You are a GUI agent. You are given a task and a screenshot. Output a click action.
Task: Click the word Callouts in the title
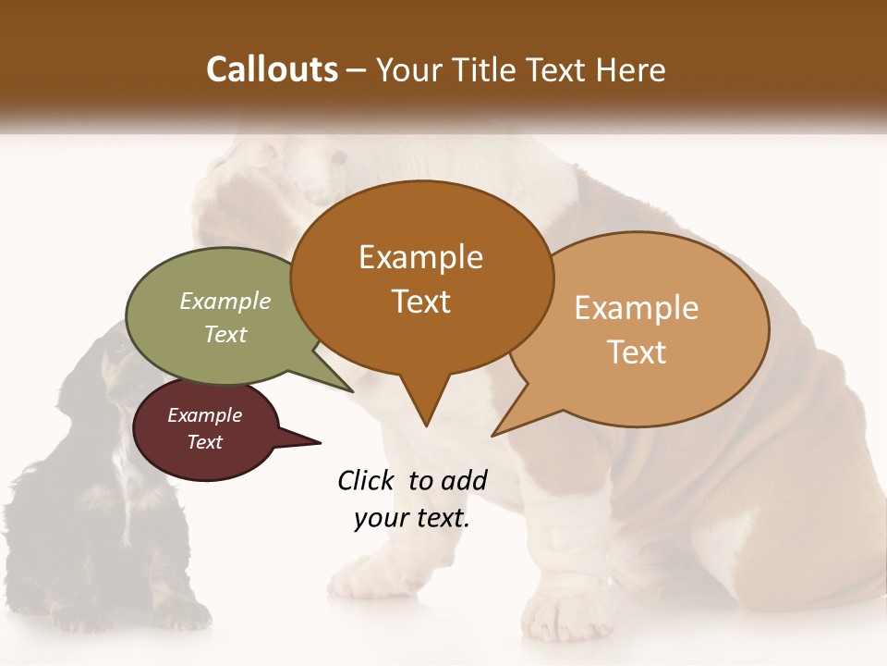pos(272,69)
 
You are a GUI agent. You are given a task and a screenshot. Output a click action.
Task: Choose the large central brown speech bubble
pos(421,277)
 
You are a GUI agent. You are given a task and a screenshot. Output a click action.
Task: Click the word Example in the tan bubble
pos(637,308)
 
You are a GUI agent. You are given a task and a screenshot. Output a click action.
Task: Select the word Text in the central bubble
pos(421,302)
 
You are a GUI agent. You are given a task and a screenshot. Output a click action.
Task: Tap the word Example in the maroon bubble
pos(205,415)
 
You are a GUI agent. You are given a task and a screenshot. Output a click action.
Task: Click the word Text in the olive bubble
pos(225,334)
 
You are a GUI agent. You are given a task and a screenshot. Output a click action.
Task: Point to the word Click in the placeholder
pos(366,480)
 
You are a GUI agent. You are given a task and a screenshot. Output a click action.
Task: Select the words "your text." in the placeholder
pos(411,519)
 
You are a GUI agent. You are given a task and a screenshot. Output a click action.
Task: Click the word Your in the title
pos(410,69)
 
